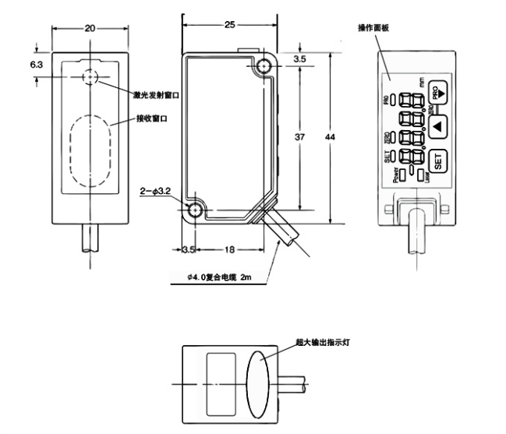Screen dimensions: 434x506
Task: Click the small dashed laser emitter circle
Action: click(x=90, y=78)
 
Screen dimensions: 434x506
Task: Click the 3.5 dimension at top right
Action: click(x=300, y=58)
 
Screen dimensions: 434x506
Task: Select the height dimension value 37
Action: click(x=301, y=138)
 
